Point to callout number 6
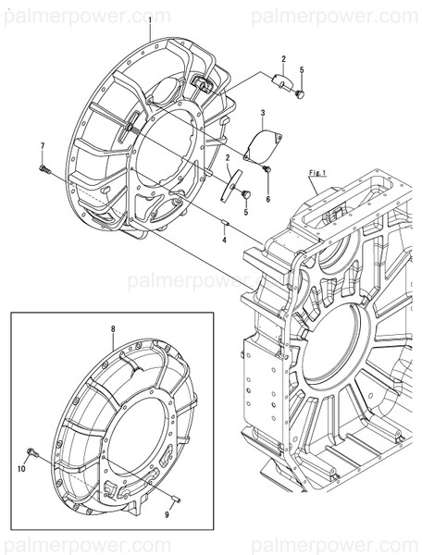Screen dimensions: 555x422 (x=268, y=200)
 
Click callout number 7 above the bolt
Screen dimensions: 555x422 (x=43, y=147)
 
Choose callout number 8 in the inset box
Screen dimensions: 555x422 (x=113, y=328)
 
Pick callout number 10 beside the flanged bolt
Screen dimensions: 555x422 (x=20, y=470)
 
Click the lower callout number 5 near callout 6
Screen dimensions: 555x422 (x=245, y=213)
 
